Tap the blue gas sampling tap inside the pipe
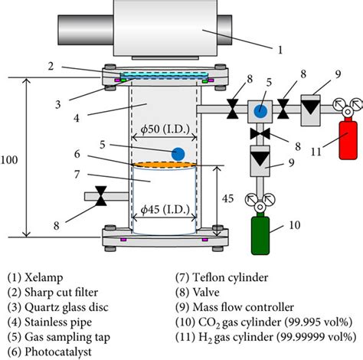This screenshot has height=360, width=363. point(178,154)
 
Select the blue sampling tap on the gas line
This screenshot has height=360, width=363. point(260,110)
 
